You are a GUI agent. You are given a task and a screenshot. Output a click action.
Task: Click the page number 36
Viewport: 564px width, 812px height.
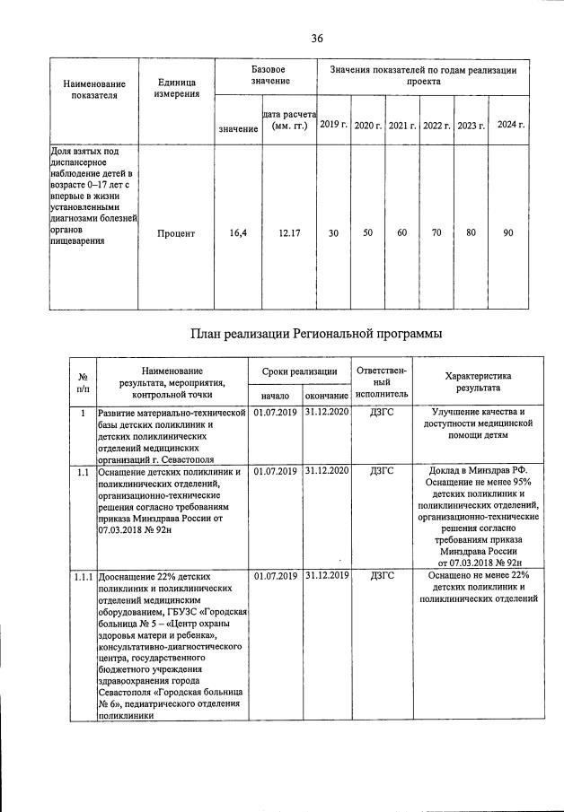point(317,38)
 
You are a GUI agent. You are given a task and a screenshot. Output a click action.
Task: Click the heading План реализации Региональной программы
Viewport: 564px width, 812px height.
point(317,334)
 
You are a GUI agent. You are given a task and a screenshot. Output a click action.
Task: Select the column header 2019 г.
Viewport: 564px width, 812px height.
point(333,124)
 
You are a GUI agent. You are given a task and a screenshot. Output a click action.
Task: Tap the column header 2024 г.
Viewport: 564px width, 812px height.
point(510,124)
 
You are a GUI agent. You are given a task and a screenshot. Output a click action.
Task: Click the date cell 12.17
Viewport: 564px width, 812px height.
point(289,233)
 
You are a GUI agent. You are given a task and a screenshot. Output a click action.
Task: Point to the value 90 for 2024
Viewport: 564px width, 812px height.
point(508,233)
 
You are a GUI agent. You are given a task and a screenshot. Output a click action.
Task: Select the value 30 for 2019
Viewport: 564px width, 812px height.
point(333,233)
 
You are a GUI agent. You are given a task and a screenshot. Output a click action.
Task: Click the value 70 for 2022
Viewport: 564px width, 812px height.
point(436,233)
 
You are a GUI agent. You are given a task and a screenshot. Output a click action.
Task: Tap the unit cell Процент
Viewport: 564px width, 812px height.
point(176,233)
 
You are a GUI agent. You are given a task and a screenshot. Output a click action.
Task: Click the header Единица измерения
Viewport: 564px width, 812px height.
point(176,88)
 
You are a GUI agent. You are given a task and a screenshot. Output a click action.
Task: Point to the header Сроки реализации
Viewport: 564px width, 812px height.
point(299,371)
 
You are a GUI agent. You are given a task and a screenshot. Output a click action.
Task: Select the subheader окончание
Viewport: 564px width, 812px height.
point(326,395)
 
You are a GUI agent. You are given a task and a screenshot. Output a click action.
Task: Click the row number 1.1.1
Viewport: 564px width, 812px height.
point(83,575)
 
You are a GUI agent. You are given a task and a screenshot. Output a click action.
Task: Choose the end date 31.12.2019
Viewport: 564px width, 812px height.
point(326,575)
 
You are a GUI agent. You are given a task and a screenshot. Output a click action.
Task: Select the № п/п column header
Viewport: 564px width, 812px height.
point(83,383)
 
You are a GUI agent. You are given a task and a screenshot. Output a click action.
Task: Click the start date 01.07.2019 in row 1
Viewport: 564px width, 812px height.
point(274,413)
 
